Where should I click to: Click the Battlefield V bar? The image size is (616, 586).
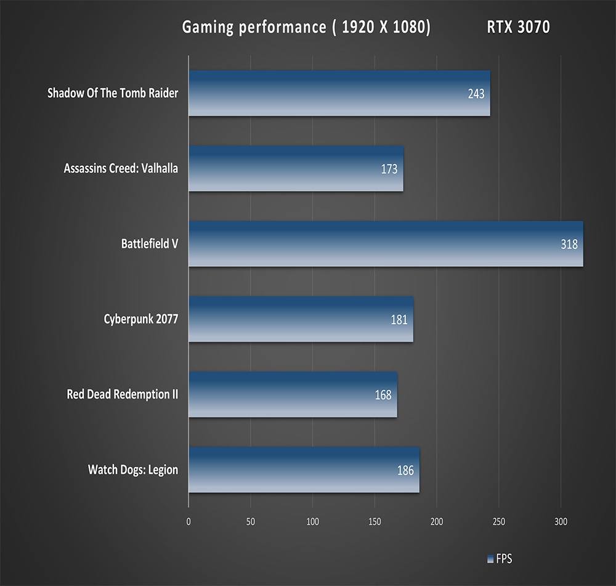(386, 244)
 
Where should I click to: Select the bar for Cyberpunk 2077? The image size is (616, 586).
(301, 319)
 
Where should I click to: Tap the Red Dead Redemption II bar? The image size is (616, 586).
(293, 394)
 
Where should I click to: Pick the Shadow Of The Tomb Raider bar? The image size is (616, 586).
(339, 94)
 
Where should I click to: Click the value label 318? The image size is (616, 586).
(569, 245)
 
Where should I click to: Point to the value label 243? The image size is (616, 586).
(476, 94)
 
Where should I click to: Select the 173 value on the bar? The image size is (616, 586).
(389, 169)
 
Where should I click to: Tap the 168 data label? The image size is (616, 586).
(383, 395)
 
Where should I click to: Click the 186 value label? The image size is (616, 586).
(405, 471)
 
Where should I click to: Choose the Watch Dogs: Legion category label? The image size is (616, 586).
(133, 470)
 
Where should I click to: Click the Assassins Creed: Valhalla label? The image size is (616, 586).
(121, 168)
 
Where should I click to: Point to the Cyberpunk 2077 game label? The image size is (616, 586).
(141, 319)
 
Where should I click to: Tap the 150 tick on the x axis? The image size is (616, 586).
(375, 521)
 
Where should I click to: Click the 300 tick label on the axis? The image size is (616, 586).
(561, 521)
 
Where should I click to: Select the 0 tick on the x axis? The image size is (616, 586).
(188, 521)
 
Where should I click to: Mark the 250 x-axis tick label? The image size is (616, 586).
(499, 521)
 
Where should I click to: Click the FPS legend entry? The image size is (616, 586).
(500, 560)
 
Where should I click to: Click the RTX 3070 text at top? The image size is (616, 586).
(518, 28)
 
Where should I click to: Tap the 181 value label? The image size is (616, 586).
(399, 320)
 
